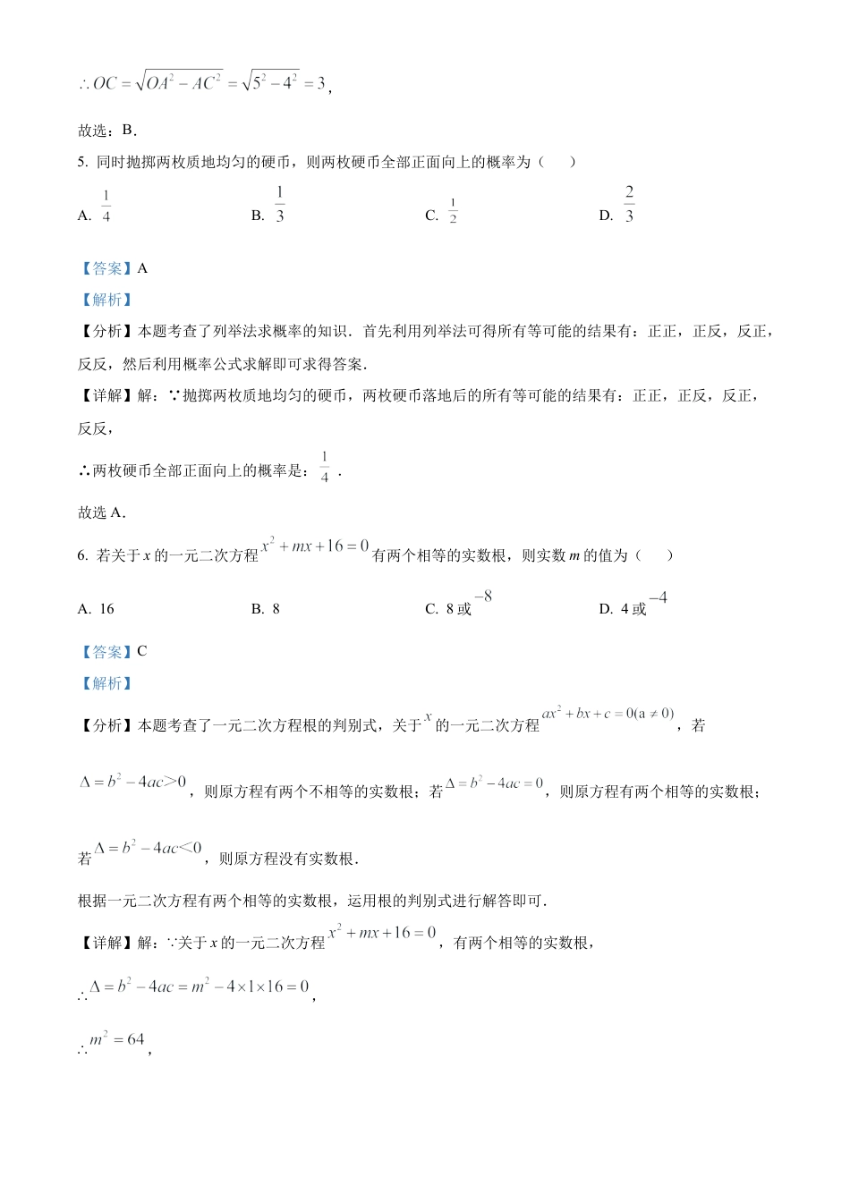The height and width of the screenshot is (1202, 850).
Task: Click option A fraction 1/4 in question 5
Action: [x=106, y=206]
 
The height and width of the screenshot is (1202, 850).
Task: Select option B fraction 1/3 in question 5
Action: [x=279, y=204]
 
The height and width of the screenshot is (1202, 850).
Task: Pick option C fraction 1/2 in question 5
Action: [x=453, y=211]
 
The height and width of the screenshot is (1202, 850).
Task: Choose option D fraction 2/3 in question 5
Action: [x=629, y=204]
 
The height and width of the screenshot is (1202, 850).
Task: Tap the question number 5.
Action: [x=82, y=162]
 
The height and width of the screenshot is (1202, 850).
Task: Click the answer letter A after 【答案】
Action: [x=142, y=268]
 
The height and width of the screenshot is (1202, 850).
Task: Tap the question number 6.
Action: [x=82, y=555]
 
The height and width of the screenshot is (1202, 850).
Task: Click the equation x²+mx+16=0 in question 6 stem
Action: [x=315, y=546]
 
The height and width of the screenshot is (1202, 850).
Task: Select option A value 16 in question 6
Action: [x=106, y=609]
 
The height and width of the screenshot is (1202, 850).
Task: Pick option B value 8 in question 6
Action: [x=276, y=609]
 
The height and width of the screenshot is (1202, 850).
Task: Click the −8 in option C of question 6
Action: [x=483, y=597]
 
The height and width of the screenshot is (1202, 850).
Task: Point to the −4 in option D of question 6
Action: [x=658, y=597]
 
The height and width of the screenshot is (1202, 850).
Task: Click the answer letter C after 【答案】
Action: [x=142, y=651]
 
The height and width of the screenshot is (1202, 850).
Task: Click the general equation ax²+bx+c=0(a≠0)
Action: [x=608, y=714]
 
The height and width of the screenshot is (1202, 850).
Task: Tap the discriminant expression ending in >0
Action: [x=132, y=782]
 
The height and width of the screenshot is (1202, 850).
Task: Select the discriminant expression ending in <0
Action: [x=148, y=848]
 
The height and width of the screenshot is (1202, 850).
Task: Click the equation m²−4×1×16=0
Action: [x=200, y=986]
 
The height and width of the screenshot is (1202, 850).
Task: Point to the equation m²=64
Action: [x=117, y=1039]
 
